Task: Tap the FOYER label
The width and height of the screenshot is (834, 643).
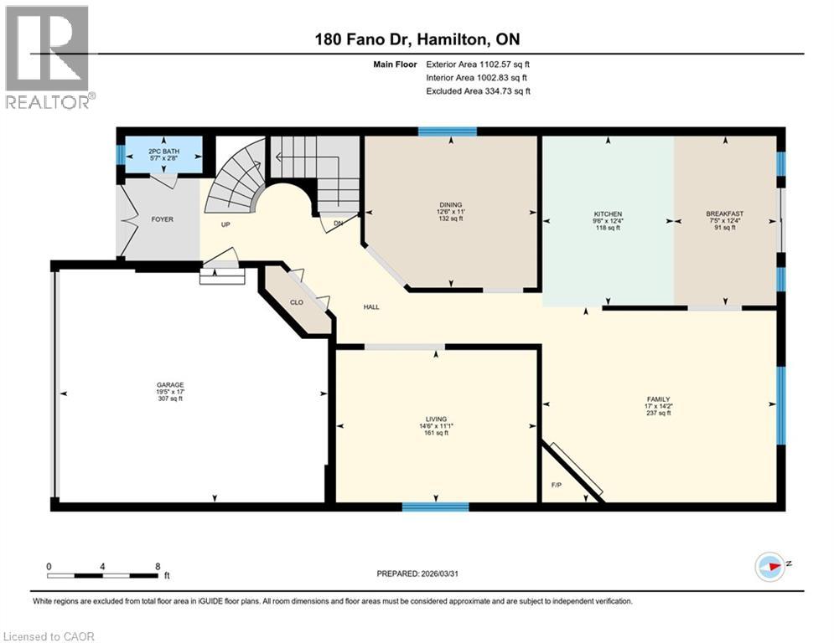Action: coord(162,219)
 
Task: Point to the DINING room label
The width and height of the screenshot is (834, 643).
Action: coord(451,204)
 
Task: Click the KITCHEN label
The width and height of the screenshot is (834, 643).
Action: coord(608,214)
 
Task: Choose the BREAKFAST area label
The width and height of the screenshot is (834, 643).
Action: coord(725,214)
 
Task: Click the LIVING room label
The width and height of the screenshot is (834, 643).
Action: coord(436,419)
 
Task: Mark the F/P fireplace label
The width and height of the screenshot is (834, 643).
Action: coord(556,485)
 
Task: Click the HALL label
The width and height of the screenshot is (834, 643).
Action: coord(371,307)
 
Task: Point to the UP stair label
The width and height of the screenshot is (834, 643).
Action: coord(225,224)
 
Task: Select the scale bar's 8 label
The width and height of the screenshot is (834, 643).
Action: coord(157,566)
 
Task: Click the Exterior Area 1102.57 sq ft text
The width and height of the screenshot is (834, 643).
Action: coord(479,64)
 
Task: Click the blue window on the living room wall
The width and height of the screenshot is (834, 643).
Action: coord(435,506)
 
